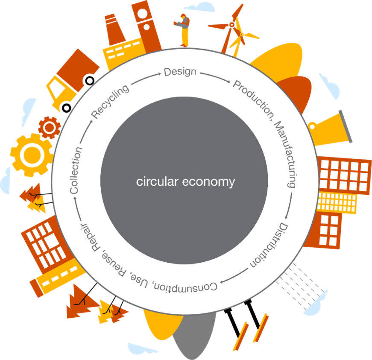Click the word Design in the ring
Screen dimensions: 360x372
[180, 72]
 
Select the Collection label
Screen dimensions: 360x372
[76, 170]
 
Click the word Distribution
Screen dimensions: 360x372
[271, 245]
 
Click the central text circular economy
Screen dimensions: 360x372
[185, 182]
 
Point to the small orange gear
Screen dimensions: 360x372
[49, 127]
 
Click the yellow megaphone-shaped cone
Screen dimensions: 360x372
[331, 127]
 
